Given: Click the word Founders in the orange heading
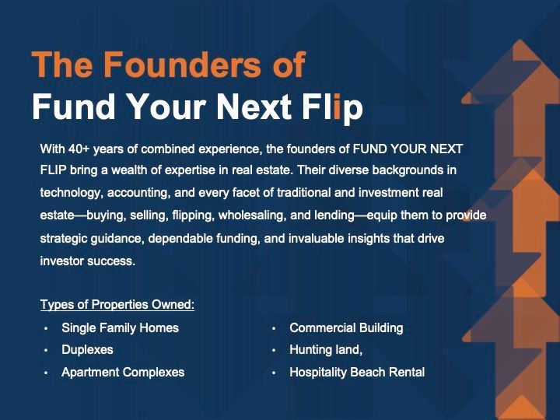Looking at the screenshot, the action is coord(183,64).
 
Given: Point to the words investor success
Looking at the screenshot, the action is coord(88,261).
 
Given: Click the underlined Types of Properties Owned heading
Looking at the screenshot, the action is coord(117,305).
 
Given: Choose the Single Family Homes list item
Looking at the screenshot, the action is coord(120,328).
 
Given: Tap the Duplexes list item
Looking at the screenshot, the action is coord(87,350).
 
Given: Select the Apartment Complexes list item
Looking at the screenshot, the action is coord(123,372).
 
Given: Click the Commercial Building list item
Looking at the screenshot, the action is coord(346,328).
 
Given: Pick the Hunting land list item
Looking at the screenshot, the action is coord(326,350).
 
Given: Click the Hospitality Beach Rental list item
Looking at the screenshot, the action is coord(357,372).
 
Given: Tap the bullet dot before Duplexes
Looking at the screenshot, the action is coord(46,350).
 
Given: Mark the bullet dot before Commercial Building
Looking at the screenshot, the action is coord(274,328).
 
